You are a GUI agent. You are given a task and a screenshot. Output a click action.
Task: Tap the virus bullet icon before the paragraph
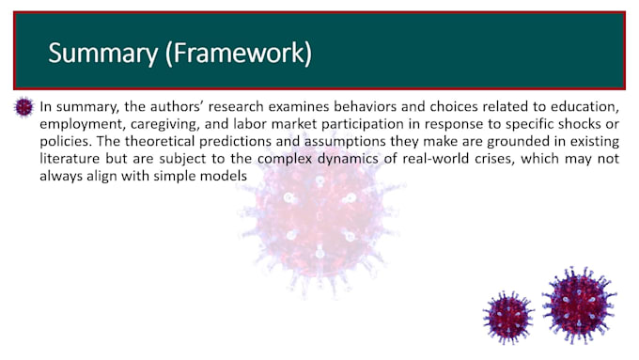tap(24, 107)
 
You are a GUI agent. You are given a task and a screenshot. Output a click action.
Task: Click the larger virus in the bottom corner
tap(579, 304)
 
